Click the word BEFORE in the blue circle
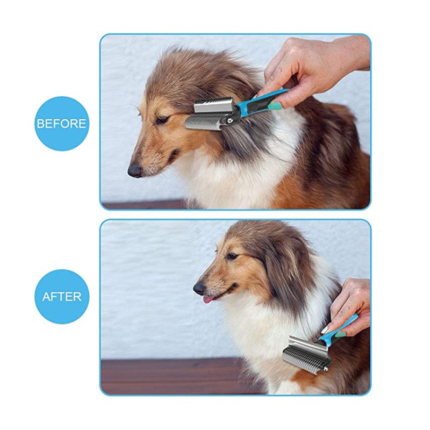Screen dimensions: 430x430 tap(61, 124)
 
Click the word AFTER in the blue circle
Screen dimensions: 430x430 tap(61, 296)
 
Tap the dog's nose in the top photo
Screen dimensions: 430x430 tap(134, 171)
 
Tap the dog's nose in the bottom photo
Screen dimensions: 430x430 tap(199, 288)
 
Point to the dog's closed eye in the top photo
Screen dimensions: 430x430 tap(161, 120)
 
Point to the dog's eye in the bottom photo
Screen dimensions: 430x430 tap(232, 256)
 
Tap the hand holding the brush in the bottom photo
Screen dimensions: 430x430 tap(349, 301)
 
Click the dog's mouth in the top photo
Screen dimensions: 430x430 tap(161, 161)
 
